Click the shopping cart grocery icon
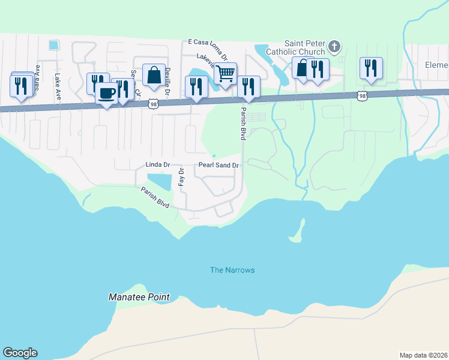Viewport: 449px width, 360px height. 225,74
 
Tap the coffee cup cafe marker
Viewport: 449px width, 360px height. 106,94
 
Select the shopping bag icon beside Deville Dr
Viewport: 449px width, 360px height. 154,75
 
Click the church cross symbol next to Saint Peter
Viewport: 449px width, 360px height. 336,46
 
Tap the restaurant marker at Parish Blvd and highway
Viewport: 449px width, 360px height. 249,87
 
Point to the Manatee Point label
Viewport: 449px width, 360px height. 139,297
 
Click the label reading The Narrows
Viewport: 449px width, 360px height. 232,270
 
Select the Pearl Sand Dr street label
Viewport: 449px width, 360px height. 219,165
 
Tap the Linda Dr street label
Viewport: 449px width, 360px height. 158,164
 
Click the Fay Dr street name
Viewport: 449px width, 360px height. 181,177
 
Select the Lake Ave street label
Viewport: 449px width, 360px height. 58,86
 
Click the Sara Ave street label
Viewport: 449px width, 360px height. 37,77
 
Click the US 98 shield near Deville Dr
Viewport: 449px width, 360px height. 154,104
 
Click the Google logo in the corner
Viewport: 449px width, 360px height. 20,353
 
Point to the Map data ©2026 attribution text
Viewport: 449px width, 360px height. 423,355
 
